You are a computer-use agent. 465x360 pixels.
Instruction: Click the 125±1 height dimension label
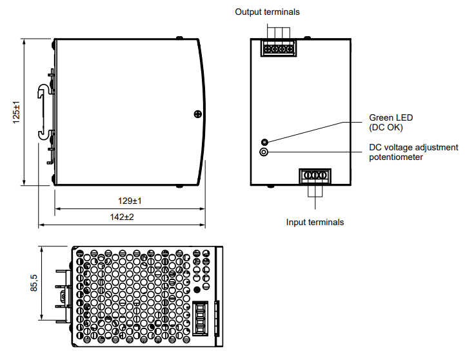[x=16, y=112]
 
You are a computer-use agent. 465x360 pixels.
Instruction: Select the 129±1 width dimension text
[x=130, y=201]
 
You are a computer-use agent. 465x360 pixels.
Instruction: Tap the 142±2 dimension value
[x=122, y=217]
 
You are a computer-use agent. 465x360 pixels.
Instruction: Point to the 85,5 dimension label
[x=34, y=283]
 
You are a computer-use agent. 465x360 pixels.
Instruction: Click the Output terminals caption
[x=267, y=12]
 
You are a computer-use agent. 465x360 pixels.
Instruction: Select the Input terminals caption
[x=315, y=222]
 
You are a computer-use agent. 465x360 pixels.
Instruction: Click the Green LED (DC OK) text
[x=391, y=123]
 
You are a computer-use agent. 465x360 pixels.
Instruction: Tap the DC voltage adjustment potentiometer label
[x=413, y=152]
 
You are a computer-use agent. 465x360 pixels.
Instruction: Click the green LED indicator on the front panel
[x=264, y=142]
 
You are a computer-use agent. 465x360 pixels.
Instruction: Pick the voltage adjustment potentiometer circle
[x=264, y=152]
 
